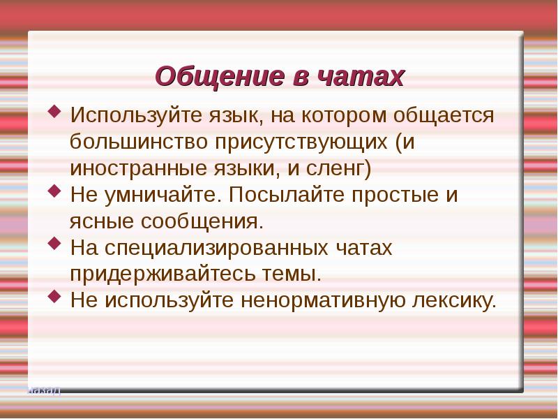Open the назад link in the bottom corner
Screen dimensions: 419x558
(x=45, y=390)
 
